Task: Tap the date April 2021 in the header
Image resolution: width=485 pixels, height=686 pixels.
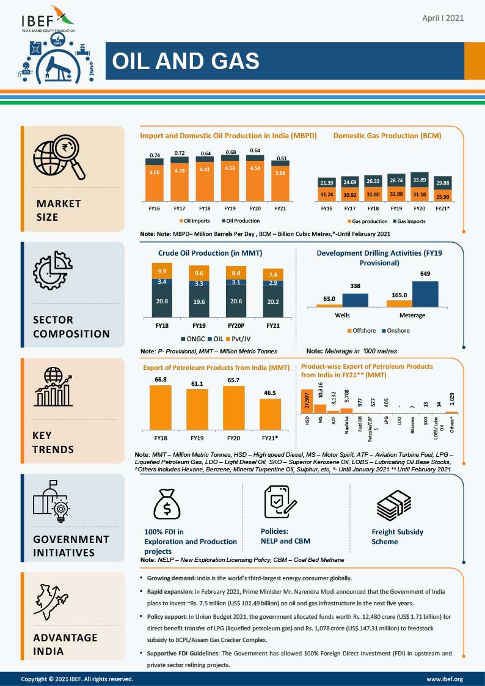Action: [x=443, y=18]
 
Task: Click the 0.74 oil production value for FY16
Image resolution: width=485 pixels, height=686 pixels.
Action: [x=155, y=156]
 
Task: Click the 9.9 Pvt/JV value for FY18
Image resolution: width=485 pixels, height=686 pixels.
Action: [x=161, y=271]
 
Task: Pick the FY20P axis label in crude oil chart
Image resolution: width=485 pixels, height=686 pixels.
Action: [x=236, y=326]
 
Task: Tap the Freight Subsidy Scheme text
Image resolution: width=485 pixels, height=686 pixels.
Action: [x=397, y=536]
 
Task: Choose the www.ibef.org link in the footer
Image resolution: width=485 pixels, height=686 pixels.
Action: [x=444, y=679]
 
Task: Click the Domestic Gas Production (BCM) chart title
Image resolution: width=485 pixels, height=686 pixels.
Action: [x=387, y=136]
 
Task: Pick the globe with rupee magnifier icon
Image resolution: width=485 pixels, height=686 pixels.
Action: [x=59, y=157]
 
